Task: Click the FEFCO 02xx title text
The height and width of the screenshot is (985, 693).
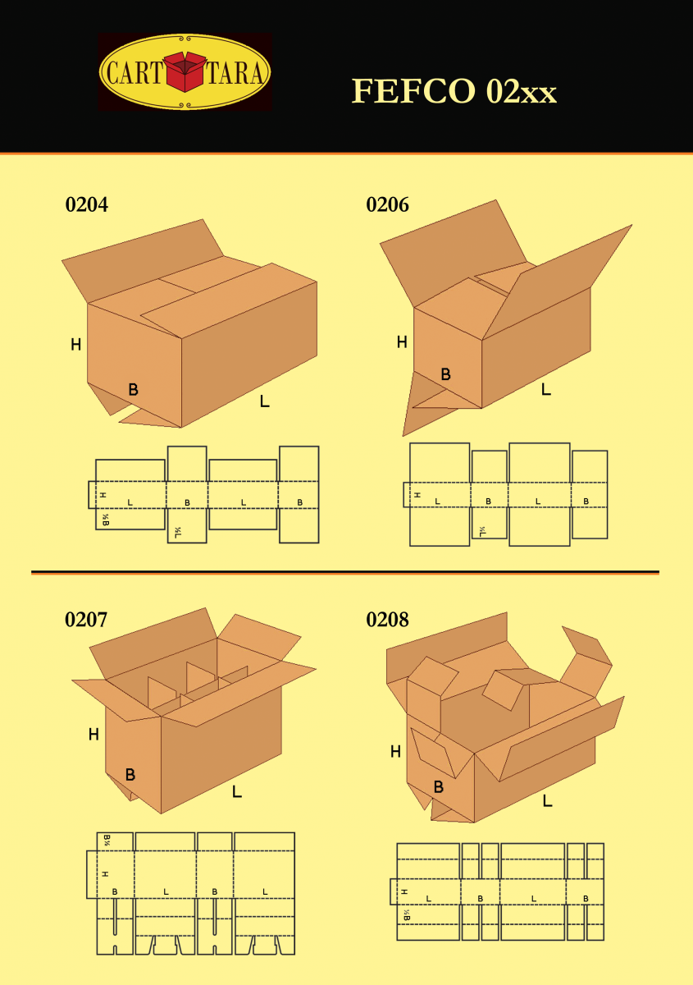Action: tap(454, 91)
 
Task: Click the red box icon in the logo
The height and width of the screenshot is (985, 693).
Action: tap(185, 72)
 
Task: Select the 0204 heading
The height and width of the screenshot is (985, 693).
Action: tap(86, 205)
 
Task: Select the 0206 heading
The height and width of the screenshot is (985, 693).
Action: tap(387, 205)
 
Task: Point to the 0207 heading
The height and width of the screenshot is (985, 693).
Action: tap(86, 620)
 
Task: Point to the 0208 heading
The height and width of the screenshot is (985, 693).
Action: tap(387, 620)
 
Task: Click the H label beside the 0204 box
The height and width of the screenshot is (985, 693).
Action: tap(75, 346)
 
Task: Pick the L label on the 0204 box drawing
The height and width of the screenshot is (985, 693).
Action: tap(264, 401)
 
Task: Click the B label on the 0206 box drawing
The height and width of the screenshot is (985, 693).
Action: tap(445, 375)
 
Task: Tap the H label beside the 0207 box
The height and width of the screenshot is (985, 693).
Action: tap(93, 735)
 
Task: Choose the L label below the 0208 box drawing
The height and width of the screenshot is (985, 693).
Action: tap(547, 801)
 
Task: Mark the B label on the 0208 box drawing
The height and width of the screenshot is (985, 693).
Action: tap(438, 787)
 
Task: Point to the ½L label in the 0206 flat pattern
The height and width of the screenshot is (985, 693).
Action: tap(482, 532)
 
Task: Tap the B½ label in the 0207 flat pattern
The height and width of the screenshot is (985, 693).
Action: tap(107, 840)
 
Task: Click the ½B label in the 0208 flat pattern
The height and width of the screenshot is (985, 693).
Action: tap(406, 915)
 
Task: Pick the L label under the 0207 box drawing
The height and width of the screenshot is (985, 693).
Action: tap(236, 792)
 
